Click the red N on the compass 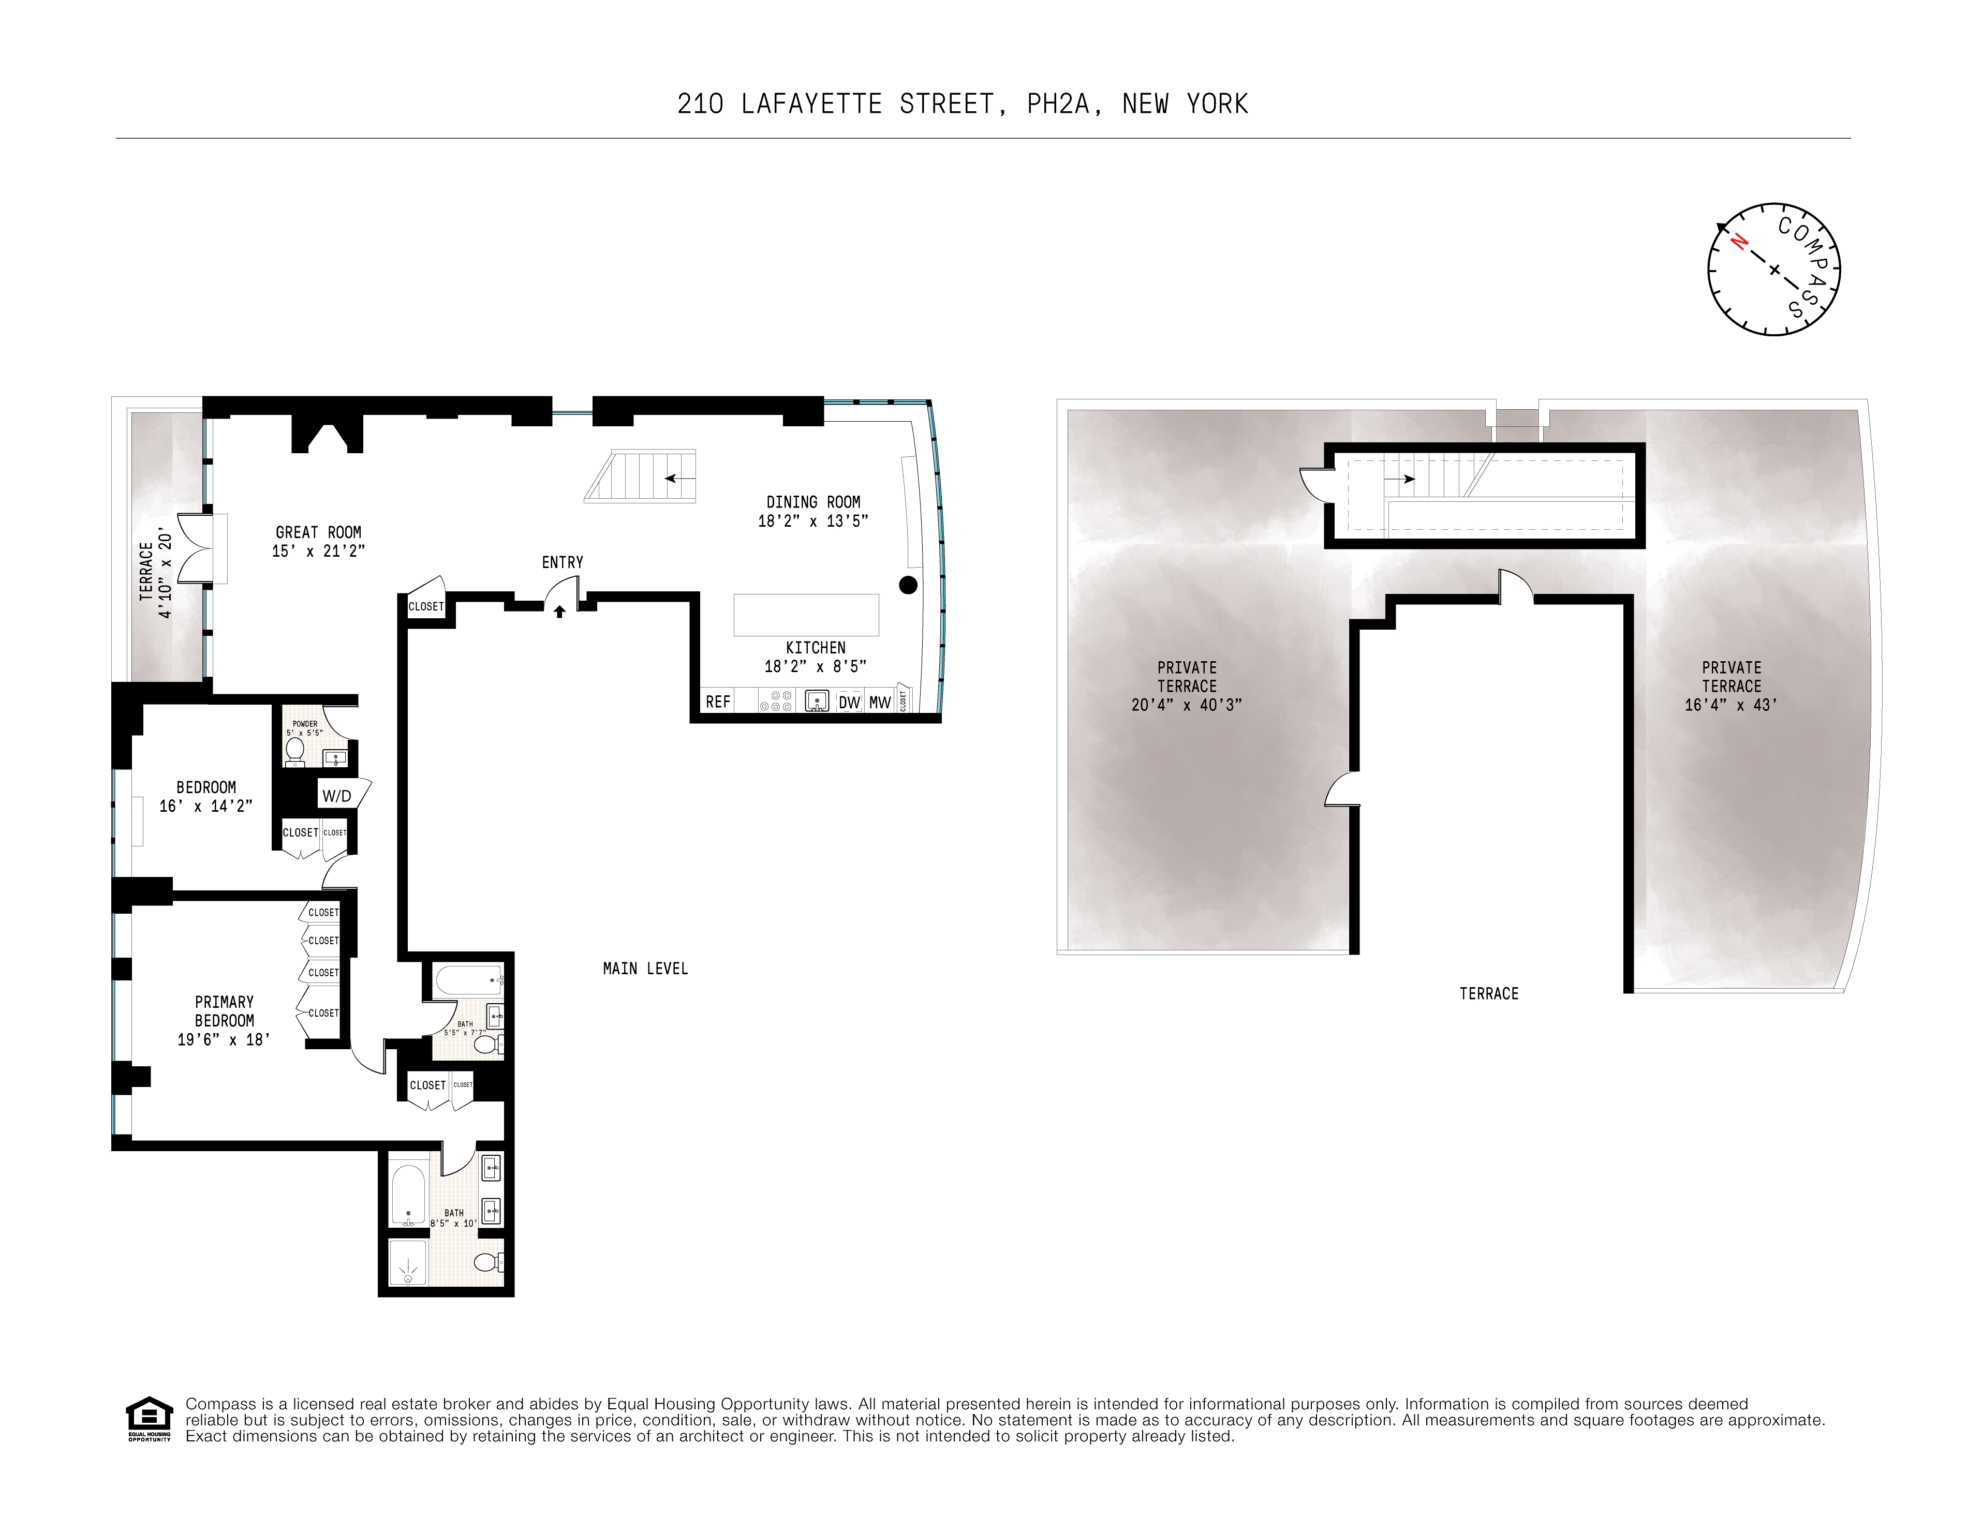(1739, 242)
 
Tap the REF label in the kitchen (718, 702)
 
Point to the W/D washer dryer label (337, 796)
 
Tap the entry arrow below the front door (559, 612)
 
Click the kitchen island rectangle (806, 615)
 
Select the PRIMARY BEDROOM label (224, 1011)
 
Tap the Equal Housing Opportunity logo (149, 1419)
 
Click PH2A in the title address (1063, 105)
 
